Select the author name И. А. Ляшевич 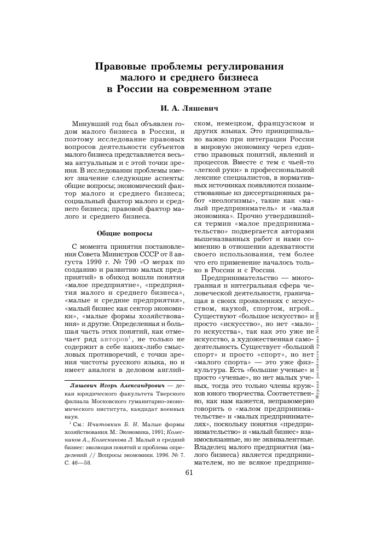(190, 101)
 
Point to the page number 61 (190, 473)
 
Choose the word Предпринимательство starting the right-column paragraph (244, 278)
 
